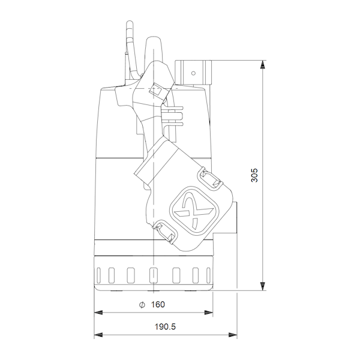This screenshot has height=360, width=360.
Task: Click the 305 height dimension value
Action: pos(254,175)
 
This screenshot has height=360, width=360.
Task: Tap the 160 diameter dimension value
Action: pos(158,304)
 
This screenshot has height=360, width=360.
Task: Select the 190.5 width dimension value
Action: pos(165,326)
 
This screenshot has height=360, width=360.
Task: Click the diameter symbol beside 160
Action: pos(142,305)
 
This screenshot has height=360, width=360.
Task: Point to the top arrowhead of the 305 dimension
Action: pos(262,64)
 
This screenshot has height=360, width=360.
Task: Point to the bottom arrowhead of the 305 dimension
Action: pos(262,286)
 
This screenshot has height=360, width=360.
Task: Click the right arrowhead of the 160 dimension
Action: pos(208,313)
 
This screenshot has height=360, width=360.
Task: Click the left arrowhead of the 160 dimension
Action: pos(98,313)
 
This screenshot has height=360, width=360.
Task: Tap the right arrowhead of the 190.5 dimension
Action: pos(233,335)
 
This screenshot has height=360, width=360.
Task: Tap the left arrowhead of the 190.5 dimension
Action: pos(98,335)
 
